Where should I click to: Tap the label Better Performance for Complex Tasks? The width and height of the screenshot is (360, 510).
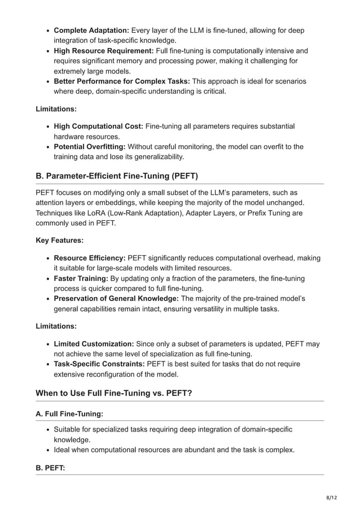[x=122, y=81]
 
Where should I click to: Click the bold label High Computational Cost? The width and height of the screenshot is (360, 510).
[x=98, y=126]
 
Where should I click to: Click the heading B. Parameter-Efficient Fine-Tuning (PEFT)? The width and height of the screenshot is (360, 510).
[x=117, y=176]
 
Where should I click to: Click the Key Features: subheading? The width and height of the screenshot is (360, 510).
[x=60, y=240]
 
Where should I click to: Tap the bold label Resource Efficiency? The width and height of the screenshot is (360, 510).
[x=90, y=258]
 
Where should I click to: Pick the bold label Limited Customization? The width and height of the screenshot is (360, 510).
[x=94, y=343]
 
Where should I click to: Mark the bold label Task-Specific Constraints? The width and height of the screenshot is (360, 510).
[x=99, y=364]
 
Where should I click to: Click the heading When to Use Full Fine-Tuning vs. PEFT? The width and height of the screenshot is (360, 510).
[x=114, y=393]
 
